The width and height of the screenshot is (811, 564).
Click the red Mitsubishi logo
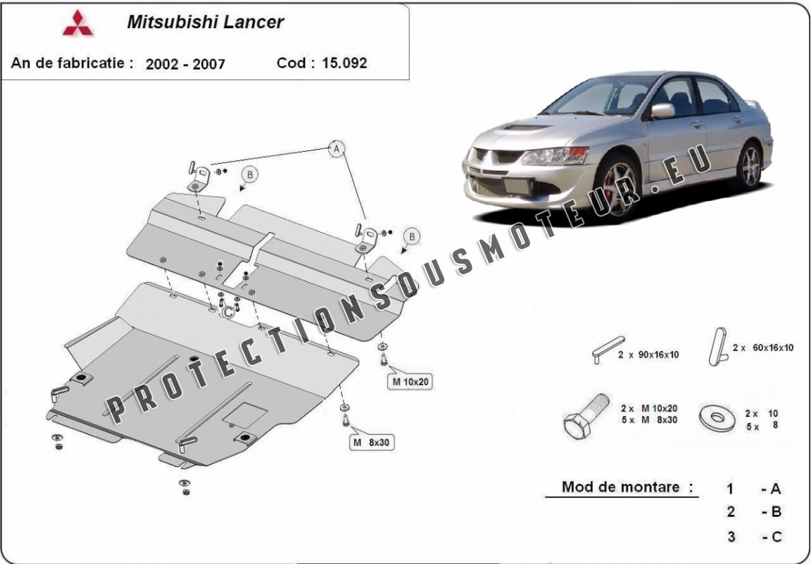77,23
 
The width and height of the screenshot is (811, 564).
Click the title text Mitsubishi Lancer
206,22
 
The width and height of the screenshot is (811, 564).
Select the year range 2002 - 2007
185,64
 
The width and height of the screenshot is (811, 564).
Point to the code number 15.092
344,63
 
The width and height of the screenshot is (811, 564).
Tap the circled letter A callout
337,149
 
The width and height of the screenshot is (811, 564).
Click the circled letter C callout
227,312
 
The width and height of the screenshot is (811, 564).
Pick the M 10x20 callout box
410,382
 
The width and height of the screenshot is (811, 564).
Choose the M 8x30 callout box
372,442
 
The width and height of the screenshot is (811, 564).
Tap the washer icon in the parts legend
717,418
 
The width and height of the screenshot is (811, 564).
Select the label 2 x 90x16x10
648,355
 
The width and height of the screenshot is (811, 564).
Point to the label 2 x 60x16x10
763,347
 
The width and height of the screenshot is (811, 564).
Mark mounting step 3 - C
754,537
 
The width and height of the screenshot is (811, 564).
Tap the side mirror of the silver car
662,111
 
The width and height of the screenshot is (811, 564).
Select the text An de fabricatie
72,63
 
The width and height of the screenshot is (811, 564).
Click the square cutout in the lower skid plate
245,415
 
